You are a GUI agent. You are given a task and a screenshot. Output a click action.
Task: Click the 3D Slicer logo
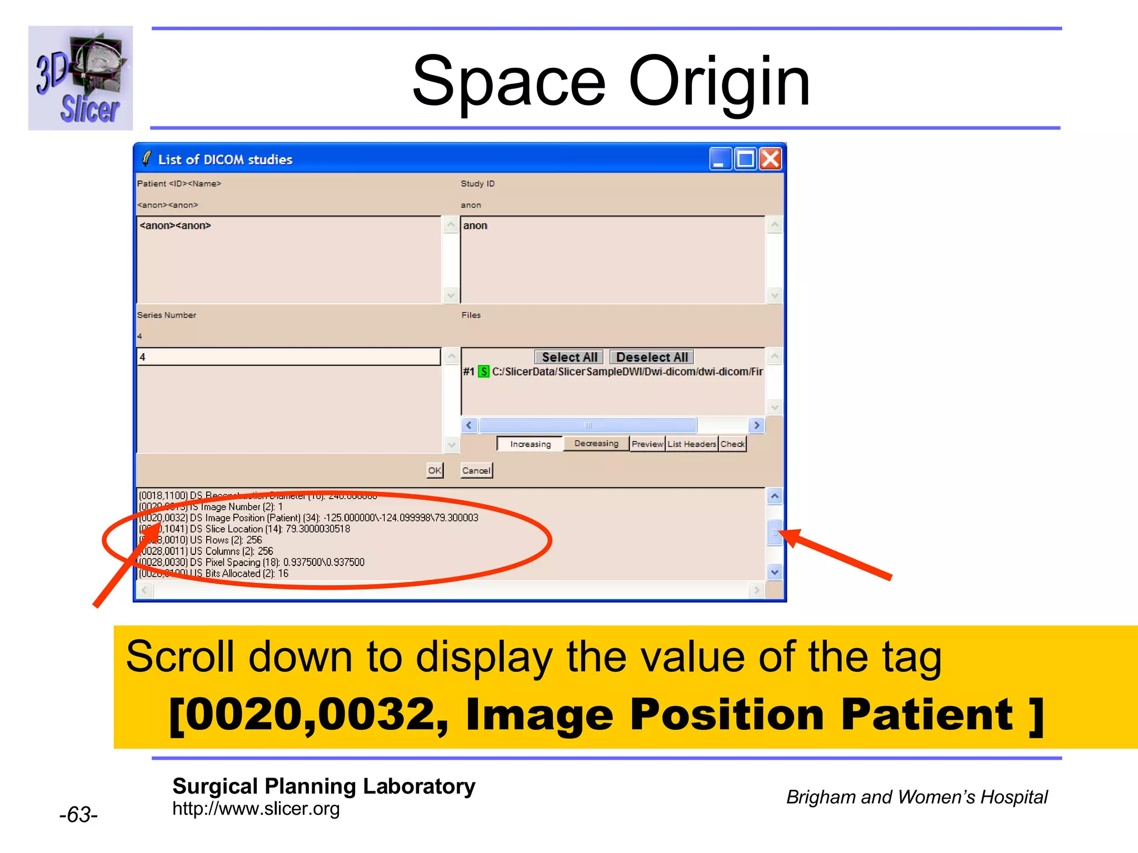[x=81, y=78]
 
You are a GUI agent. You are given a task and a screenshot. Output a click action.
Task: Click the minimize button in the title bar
[x=720, y=159]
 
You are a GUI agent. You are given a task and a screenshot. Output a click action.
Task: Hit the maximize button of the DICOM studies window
[x=745, y=159]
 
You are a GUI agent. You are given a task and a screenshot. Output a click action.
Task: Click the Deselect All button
[x=652, y=357]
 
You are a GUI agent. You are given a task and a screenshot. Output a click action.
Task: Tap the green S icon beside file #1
[x=484, y=372]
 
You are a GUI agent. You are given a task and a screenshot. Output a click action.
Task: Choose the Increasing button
[x=530, y=444]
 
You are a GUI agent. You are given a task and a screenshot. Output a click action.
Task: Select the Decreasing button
[x=596, y=444]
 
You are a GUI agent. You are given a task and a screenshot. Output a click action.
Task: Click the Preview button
[x=647, y=444]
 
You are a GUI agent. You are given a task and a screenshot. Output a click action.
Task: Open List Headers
[x=692, y=444]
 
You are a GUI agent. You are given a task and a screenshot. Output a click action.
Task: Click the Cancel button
[x=476, y=471]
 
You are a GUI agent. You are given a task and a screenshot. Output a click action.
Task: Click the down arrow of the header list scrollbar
[x=775, y=571]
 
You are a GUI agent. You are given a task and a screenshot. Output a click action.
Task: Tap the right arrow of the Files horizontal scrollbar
[x=756, y=425]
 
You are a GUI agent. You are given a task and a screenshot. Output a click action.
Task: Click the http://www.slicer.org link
[x=256, y=809]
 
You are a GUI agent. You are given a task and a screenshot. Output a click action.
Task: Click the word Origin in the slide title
[x=719, y=82]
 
